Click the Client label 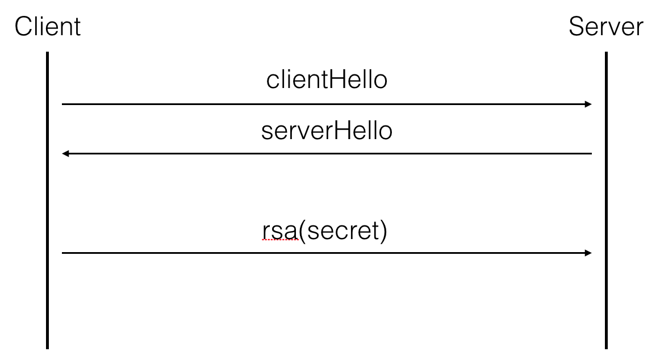[x=48, y=27]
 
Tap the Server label [x=606, y=27]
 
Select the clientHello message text [x=327, y=80]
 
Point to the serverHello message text [x=327, y=131]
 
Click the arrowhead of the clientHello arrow [x=588, y=104]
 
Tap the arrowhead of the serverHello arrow [x=65, y=154]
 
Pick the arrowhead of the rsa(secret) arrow [x=588, y=253]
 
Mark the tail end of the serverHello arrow [x=591, y=154]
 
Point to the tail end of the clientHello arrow [x=63, y=104]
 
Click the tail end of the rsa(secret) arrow [x=63, y=253]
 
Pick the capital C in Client [x=23, y=27]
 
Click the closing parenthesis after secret [x=383, y=232]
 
